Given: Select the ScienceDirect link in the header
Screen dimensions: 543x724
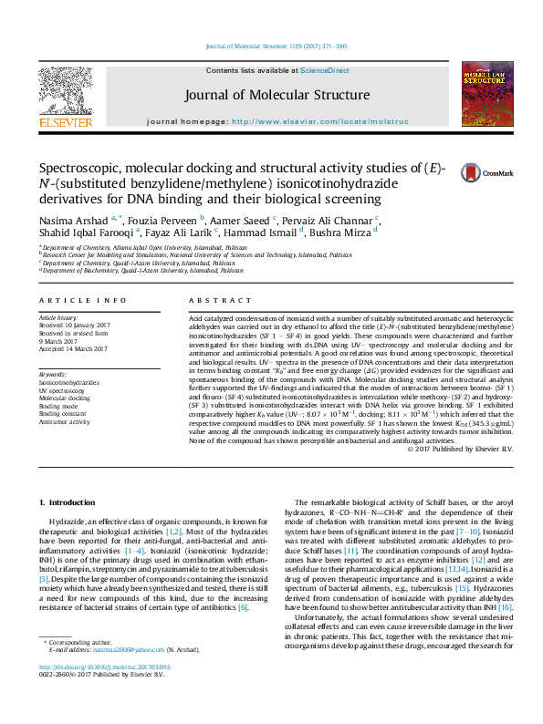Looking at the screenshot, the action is (325, 70).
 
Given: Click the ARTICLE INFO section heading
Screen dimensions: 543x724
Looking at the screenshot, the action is (81, 300).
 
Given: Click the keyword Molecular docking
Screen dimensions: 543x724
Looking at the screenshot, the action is (64, 398).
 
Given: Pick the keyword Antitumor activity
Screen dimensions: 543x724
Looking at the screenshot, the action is (64, 422).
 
